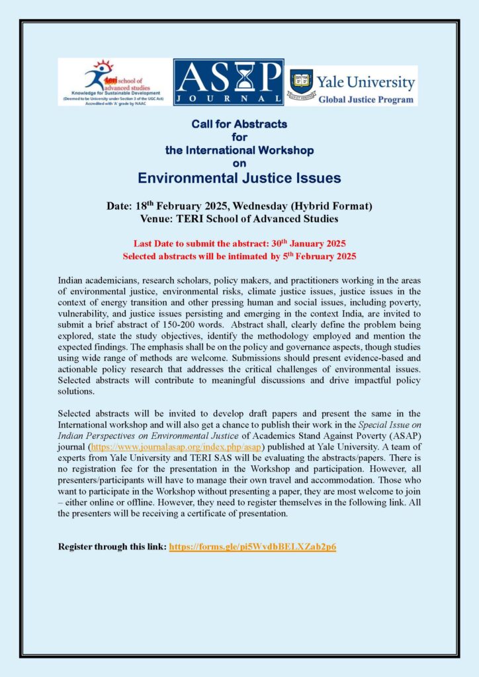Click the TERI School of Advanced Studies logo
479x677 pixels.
click(x=114, y=81)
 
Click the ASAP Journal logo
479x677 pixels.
click(x=228, y=82)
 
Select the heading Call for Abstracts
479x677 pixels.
click(x=239, y=124)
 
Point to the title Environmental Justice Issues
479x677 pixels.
click(x=239, y=178)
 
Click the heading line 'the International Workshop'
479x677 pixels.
click(x=239, y=150)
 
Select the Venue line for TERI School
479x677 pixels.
click(x=239, y=219)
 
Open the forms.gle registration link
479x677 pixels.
click(x=253, y=547)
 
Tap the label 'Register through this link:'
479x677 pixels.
click(x=112, y=547)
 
